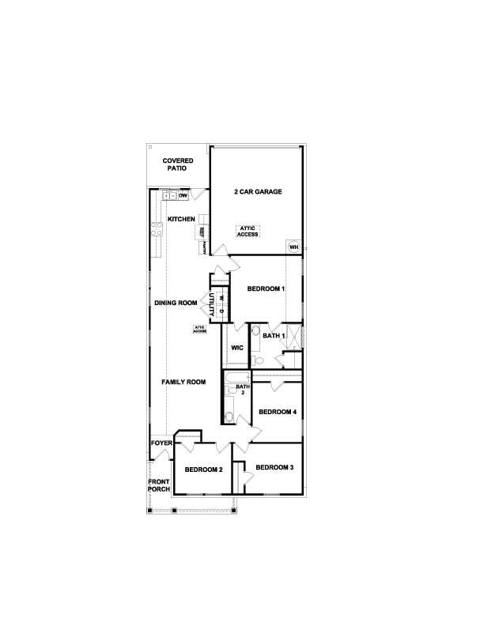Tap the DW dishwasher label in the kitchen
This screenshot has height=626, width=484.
pos(183,194)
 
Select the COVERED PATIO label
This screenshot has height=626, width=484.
pos(178,164)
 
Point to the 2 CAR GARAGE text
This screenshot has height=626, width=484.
pos(257,192)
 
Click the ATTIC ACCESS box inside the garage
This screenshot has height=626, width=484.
pos(248,231)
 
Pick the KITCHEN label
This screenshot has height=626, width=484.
pos(180,219)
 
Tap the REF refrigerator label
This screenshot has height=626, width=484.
pos(202,233)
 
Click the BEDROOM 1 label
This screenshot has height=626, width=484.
pos(266,289)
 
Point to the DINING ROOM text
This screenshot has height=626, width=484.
pos(175,303)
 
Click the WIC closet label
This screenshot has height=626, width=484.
pos(236,347)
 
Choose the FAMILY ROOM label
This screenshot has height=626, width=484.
pos(183,383)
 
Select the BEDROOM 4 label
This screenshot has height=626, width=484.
pos(278,412)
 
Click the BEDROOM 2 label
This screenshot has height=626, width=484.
pos(203,469)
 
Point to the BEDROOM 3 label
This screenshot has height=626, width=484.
pos(274,468)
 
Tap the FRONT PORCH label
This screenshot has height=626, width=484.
pos(159,485)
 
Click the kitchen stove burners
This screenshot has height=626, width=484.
pos(157,229)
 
